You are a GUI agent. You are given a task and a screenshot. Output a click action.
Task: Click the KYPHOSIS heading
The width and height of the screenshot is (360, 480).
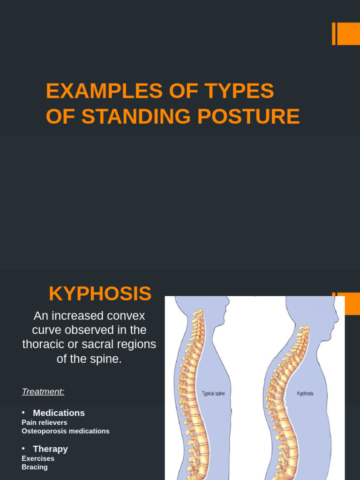(x=100, y=294)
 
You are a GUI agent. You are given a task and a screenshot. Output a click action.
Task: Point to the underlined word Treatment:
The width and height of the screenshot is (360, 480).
(x=43, y=391)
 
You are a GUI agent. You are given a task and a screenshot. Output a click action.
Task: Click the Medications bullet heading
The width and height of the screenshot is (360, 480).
(x=59, y=413)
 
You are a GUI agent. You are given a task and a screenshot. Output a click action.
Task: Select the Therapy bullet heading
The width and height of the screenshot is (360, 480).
(x=50, y=449)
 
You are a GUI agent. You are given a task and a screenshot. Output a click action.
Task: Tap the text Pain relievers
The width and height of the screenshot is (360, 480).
(x=45, y=422)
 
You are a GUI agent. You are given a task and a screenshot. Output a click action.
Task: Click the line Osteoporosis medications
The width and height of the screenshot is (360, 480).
(x=66, y=431)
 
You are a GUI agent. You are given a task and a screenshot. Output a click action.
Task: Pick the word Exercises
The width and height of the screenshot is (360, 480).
(x=38, y=458)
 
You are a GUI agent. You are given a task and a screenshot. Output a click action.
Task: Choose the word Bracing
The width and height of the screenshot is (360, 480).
(x=35, y=467)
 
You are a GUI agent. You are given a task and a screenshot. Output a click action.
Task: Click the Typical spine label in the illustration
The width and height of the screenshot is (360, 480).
(x=213, y=394)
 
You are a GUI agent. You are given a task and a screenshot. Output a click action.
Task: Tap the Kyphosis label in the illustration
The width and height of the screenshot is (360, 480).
(x=305, y=394)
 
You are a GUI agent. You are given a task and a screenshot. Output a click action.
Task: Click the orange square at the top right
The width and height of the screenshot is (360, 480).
(x=349, y=34)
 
